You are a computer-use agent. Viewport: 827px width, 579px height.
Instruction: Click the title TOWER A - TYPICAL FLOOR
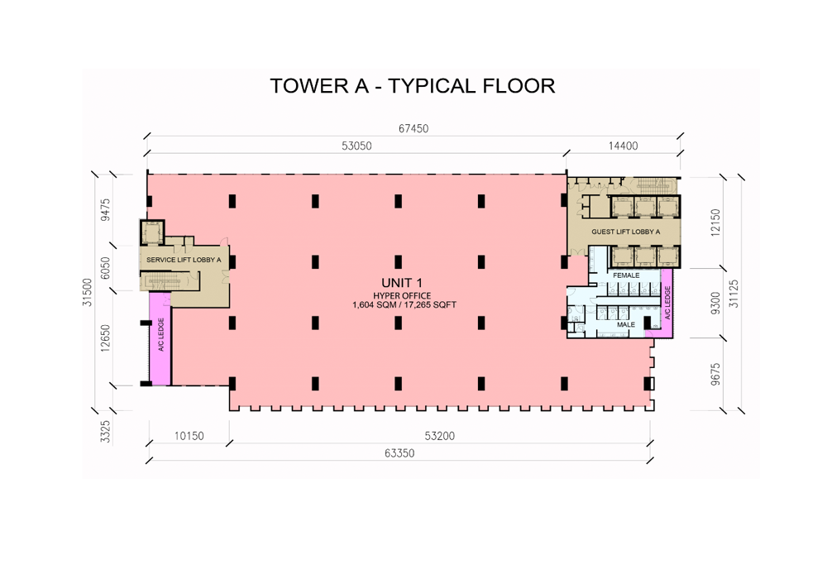pyautogui.click(x=412, y=85)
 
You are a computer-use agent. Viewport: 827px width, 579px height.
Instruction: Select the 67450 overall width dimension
pyautogui.click(x=413, y=129)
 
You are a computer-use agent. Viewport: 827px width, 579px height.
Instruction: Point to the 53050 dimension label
pyautogui.click(x=356, y=146)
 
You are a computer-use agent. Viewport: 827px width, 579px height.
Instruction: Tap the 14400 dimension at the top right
pyautogui.click(x=623, y=146)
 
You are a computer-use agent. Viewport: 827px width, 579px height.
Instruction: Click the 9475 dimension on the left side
pyautogui.click(x=106, y=210)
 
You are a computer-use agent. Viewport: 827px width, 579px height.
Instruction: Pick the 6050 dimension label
pyautogui.click(x=106, y=267)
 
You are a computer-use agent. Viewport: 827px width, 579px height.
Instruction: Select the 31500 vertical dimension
pyautogui.click(x=87, y=292)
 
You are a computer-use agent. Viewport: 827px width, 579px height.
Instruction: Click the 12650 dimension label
pyautogui.click(x=106, y=337)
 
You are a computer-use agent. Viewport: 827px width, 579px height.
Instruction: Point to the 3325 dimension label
pyautogui.click(x=106, y=431)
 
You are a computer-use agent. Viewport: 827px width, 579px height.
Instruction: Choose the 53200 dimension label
pyautogui.click(x=438, y=436)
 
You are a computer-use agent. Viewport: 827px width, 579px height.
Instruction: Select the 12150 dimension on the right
pyautogui.click(x=715, y=222)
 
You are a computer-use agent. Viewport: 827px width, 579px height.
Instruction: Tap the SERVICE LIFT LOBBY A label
pyautogui.click(x=184, y=260)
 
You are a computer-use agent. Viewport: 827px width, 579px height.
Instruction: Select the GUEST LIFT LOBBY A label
pyautogui.click(x=625, y=232)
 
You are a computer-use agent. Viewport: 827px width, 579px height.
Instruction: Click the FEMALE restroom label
pyautogui.click(x=626, y=275)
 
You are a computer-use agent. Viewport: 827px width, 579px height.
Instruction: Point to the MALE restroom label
pyautogui.click(x=626, y=325)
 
